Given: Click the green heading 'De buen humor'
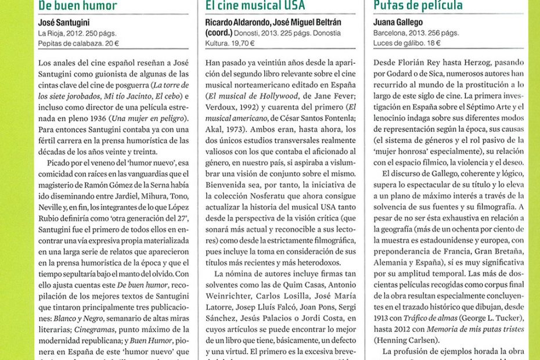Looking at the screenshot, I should tap(77, 6).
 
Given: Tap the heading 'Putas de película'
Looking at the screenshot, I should tap(418, 6).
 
